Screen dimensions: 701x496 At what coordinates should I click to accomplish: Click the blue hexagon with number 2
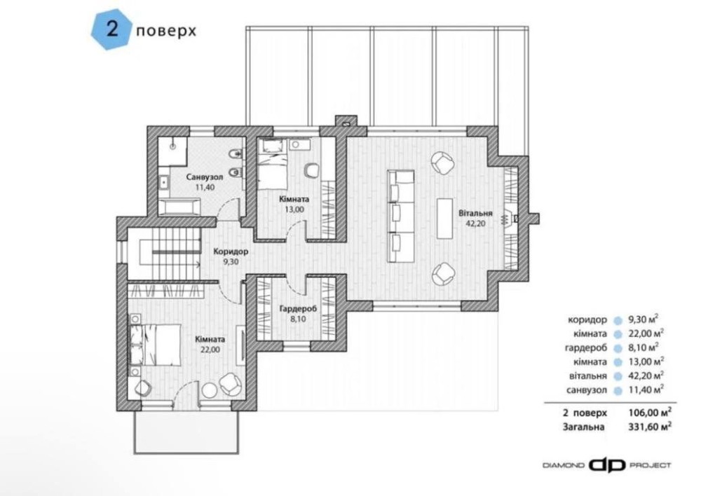pyautogui.click(x=111, y=31)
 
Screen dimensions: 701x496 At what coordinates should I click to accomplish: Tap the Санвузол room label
pyautogui.click(x=204, y=177)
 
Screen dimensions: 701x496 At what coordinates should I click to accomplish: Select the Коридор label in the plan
pyautogui.click(x=230, y=252)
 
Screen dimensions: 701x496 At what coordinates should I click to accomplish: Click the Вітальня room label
pyautogui.click(x=475, y=213)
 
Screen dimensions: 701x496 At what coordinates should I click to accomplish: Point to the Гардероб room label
pyautogui.click(x=298, y=309)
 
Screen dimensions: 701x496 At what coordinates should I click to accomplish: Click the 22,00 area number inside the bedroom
pyautogui.click(x=210, y=350)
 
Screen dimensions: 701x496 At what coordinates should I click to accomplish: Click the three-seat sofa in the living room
pyautogui.click(x=400, y=216)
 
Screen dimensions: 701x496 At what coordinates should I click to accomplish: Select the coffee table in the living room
pyautogui.click(x=445, y=219)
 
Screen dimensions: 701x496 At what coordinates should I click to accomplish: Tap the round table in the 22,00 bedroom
pyautogui.click(x=209, y=390)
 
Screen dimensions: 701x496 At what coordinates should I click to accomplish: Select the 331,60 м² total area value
pyautogui.click(x=650, y=427)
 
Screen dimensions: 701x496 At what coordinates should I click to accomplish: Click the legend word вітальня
pyautogui.click(x=588, y=376)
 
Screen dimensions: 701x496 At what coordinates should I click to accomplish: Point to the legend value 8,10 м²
pyautogui.click(x=644, y=347)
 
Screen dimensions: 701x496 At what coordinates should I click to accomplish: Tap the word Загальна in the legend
pyautogui.click(x=583, y=427)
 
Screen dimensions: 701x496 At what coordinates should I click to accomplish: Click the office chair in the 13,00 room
pyautogui.click(x=311, y=170)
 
